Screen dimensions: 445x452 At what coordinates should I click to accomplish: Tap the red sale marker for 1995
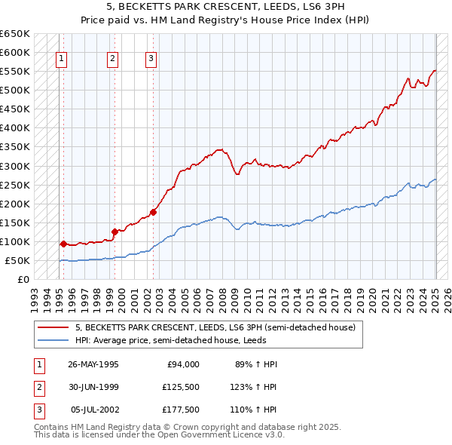tap(63, 244)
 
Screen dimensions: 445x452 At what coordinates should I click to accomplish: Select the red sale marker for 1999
tap(115, 232)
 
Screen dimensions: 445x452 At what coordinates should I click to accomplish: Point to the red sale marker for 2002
tap(153, 212)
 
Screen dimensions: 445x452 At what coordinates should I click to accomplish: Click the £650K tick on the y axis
tap(14, 34)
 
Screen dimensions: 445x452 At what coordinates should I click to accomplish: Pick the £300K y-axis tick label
tap(14, 166)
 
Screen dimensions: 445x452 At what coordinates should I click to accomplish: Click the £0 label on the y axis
tap(23, 279)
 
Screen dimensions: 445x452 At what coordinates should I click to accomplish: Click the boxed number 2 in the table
tap(38, 387)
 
